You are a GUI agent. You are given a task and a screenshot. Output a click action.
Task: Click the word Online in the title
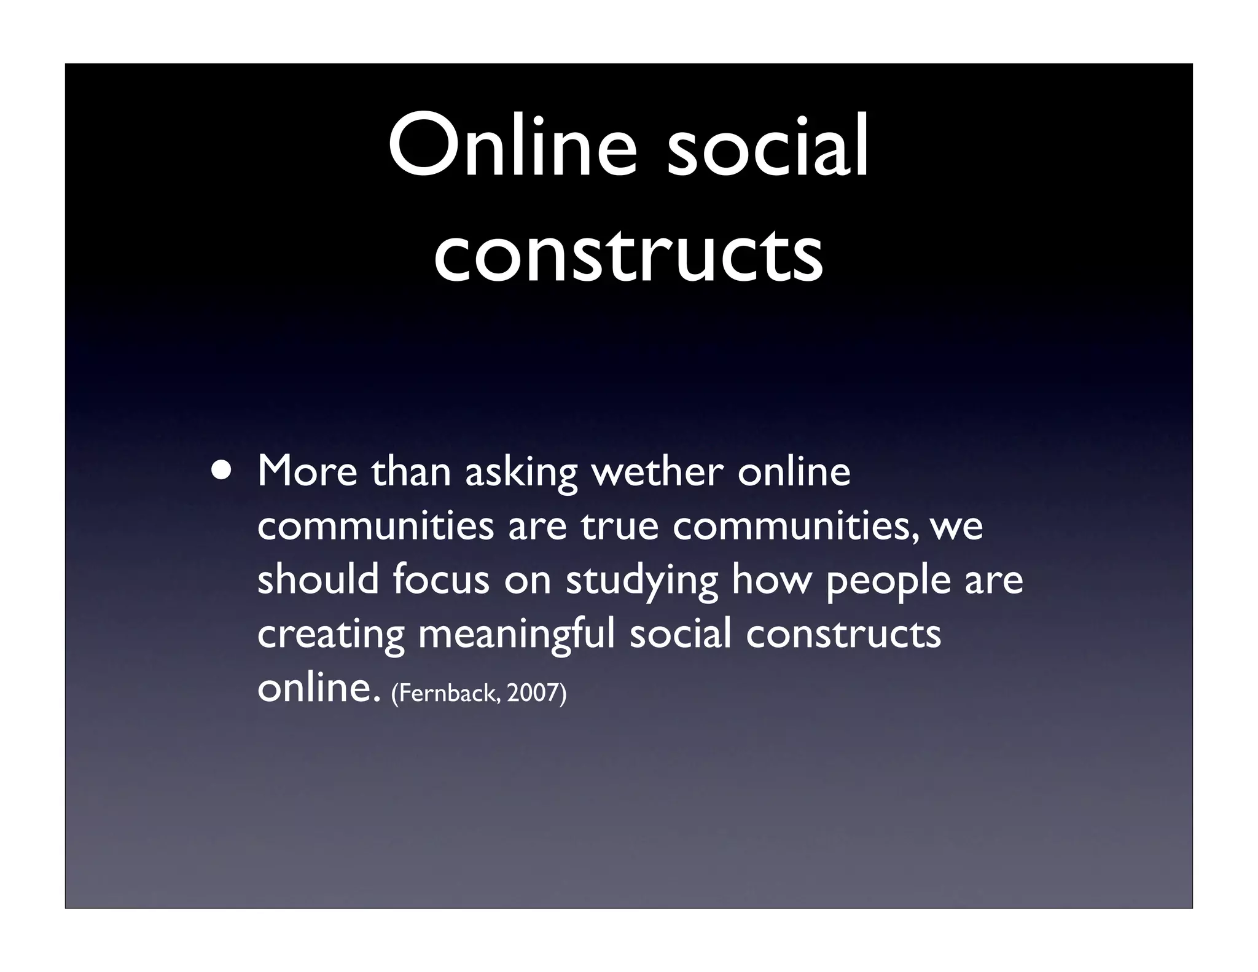click(x=513, y=147)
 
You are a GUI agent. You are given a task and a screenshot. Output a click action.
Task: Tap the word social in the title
click(x=768, y=147)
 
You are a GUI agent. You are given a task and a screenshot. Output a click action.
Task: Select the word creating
click(x=330, y=635)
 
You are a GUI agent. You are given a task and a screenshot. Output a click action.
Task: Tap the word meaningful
click(x=517, y=635)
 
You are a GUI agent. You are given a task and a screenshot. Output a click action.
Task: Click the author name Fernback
click(x=447, y=693)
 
